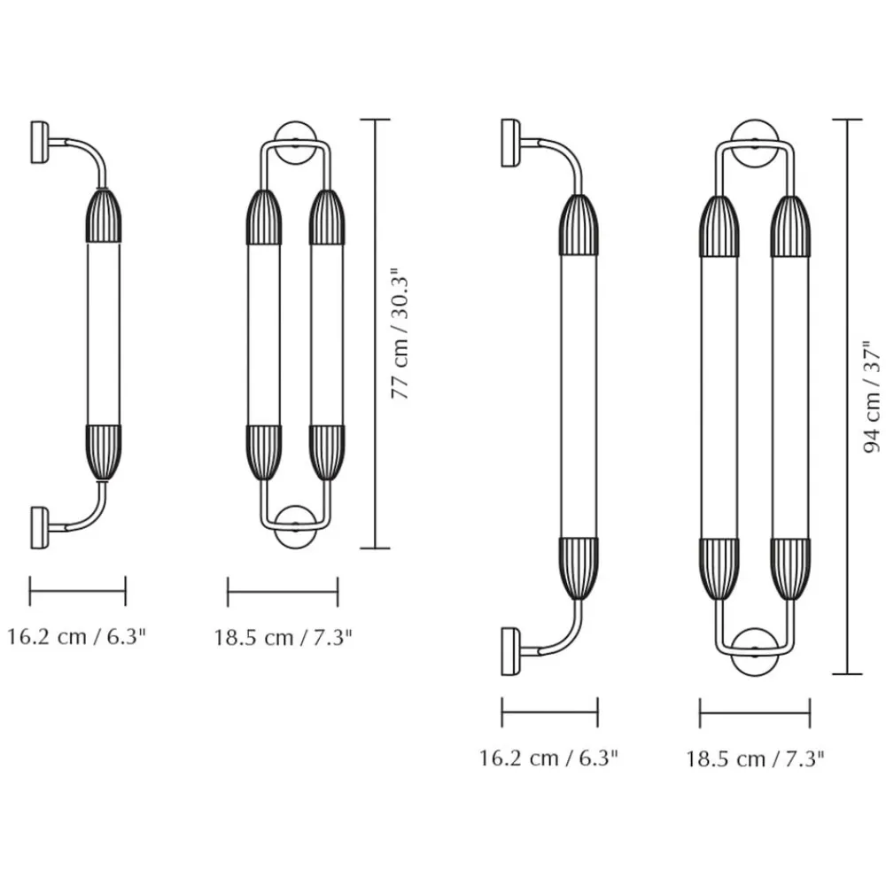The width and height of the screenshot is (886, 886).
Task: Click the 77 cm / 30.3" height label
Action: tap(400, 333)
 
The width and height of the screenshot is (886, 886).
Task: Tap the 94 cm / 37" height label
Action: tap(872, 397)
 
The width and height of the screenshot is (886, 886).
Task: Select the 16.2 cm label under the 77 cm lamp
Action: tap(76, 636)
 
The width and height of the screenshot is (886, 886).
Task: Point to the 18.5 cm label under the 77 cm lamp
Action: tap(283, 637)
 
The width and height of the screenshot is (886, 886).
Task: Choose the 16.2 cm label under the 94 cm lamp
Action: tap(548, 758)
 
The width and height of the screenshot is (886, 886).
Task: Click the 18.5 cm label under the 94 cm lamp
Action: tap(755, 758)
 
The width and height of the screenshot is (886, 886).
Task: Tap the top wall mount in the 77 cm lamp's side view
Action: tap(40, 142)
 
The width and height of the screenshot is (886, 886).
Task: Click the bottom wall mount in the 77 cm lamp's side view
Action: tap(40, 527)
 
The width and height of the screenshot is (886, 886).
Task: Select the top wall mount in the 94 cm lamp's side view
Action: tap(511, 143)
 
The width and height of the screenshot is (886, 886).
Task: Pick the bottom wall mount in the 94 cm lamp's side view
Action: tap(511, 651)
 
